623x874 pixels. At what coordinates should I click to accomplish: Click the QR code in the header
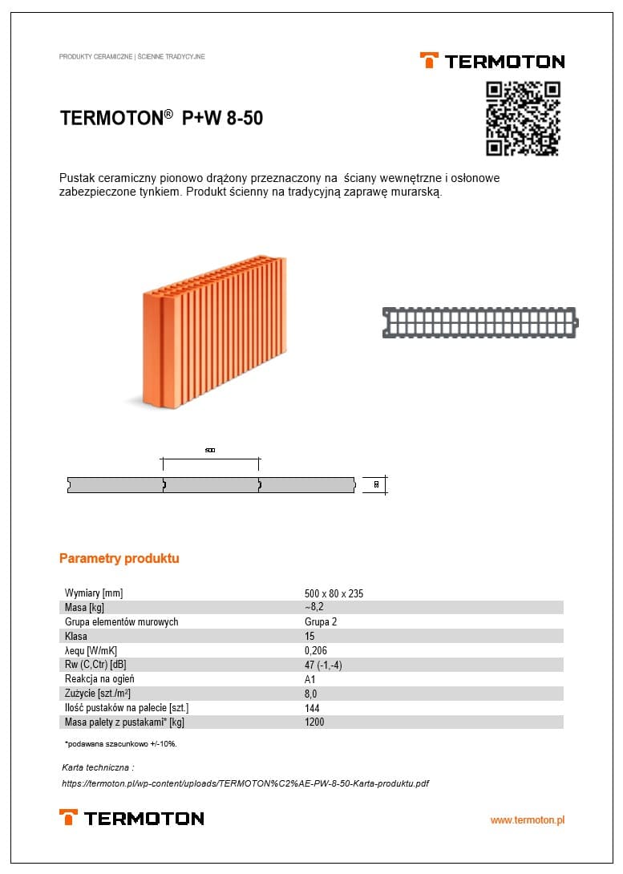point(523,119)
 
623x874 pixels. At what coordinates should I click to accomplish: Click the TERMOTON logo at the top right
point(492,61)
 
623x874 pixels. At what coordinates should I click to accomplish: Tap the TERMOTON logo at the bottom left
point(131,818)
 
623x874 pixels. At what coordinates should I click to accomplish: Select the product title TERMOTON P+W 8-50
point(161,119)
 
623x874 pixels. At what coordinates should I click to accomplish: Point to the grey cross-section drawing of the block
point(479,322)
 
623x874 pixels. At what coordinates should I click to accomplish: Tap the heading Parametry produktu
point(119,558)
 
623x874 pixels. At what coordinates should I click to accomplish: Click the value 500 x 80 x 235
point(334,593)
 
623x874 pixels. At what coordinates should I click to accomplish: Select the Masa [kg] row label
point(84,608)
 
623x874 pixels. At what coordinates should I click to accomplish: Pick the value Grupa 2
point(321,622)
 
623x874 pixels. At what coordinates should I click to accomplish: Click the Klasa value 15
point(309,637)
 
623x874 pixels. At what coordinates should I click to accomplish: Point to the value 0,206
point(316,651)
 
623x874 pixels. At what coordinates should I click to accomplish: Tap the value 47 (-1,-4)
point(323,666)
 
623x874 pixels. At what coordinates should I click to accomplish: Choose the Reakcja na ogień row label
point(99,679)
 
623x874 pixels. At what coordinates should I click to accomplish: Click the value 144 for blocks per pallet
point(312,708)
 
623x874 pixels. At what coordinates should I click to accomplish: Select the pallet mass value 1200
point(314,722)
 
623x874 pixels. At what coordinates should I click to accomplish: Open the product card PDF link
point(245,783)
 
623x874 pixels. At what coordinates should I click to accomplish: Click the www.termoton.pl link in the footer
point(527,820)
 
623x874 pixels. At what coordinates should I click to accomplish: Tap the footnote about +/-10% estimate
point(120,744)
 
